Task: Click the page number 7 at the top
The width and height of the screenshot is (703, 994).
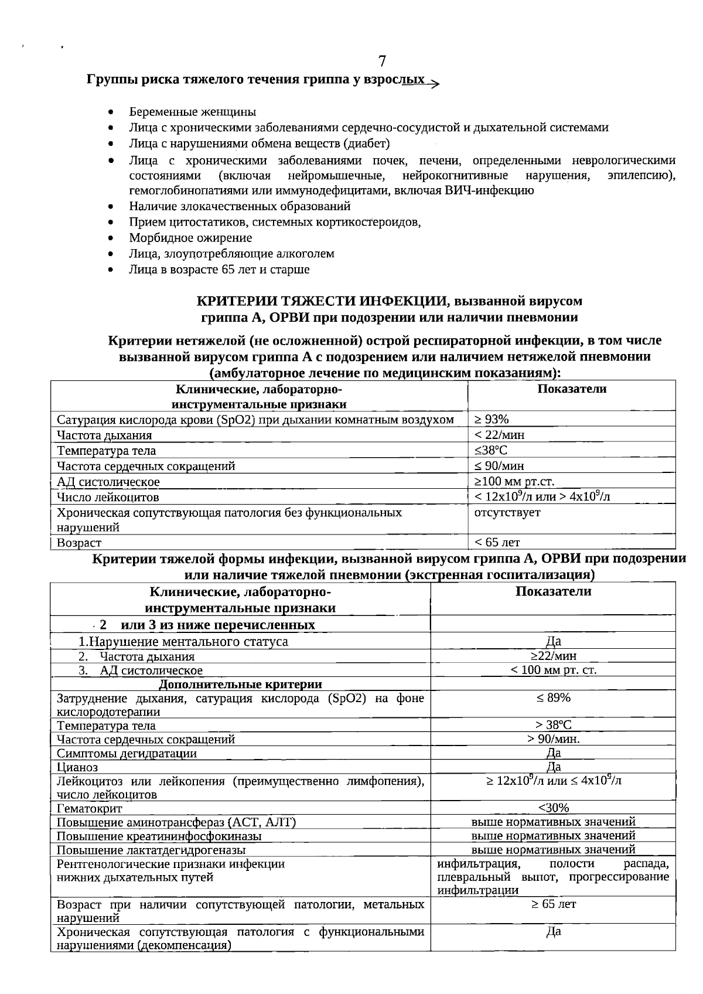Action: tap(382, 62)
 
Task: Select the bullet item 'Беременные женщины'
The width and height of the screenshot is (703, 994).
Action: tap(192, 112)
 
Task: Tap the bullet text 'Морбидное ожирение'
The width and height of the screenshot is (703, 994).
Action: tap(190, 238)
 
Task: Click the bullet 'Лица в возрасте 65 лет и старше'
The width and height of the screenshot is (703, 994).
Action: tap(219, 270)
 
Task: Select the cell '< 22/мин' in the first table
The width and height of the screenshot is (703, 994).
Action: tap(499, 435)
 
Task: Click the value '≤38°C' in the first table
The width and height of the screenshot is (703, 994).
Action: tap(491, 450)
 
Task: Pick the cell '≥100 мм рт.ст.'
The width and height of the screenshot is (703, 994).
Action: tap(514, 482)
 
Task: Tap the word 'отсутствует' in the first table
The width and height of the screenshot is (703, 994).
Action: tap(507, 512)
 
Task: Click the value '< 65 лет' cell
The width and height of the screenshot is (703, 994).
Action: tap(497, 543)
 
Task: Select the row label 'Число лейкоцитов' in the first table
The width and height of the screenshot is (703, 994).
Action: tap(108, 498)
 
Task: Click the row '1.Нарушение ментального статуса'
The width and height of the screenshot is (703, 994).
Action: tap(183, 641)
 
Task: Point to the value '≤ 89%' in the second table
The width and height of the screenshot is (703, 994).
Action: tap(553, 697)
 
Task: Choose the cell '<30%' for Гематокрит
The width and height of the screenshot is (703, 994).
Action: tap(553, 808)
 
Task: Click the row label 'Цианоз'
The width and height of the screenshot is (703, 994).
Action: tap(77, 767)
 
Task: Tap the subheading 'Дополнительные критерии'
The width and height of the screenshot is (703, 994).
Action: tap(240, 684)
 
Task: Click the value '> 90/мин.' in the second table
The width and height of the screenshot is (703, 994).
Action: tap(553, 739)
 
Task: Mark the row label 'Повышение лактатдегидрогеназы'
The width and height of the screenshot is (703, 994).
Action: tap(151, 850)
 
